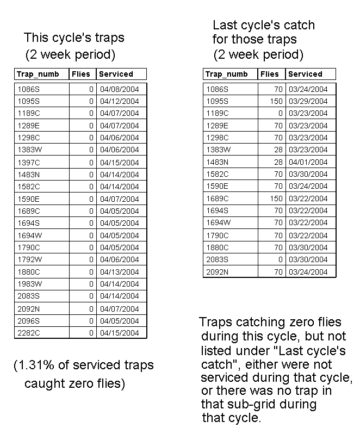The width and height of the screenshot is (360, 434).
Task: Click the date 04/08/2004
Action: [x=119, y=89]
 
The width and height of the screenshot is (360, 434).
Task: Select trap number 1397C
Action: [x=28, y=163]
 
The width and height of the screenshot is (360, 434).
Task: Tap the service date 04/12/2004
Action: [x=119, y=101]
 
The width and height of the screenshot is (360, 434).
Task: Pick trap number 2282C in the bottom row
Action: [x=28, y=333]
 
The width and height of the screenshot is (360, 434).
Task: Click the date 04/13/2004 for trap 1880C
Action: [x=119, y=272]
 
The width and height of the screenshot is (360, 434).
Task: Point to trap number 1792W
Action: [x=29, y=259]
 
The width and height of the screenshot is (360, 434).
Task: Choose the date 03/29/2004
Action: [x=308, y=101]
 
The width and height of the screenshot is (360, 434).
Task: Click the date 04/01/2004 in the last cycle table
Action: [x=308, y=162]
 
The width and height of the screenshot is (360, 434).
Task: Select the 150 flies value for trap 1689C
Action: [x=276, y=199]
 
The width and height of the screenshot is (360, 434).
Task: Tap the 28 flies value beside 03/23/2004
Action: [x=278, y=150]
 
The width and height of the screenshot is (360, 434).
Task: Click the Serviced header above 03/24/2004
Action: [x=305, y=74]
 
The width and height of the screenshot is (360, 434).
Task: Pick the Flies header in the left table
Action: [x=81, y=74]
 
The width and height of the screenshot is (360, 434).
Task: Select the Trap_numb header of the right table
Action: [x=227, y=74]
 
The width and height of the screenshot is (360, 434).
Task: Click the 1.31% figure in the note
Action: [x=35, y=365]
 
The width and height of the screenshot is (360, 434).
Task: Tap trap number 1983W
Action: [x=29, y=284]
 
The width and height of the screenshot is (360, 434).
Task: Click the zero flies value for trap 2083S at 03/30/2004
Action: [x=281, y=259]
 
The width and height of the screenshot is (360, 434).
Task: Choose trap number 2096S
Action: [x=28, y=321]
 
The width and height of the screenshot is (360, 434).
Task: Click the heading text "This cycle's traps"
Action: [x=74, y=38]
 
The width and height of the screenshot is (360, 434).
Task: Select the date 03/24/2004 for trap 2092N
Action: [x=308, y=272]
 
